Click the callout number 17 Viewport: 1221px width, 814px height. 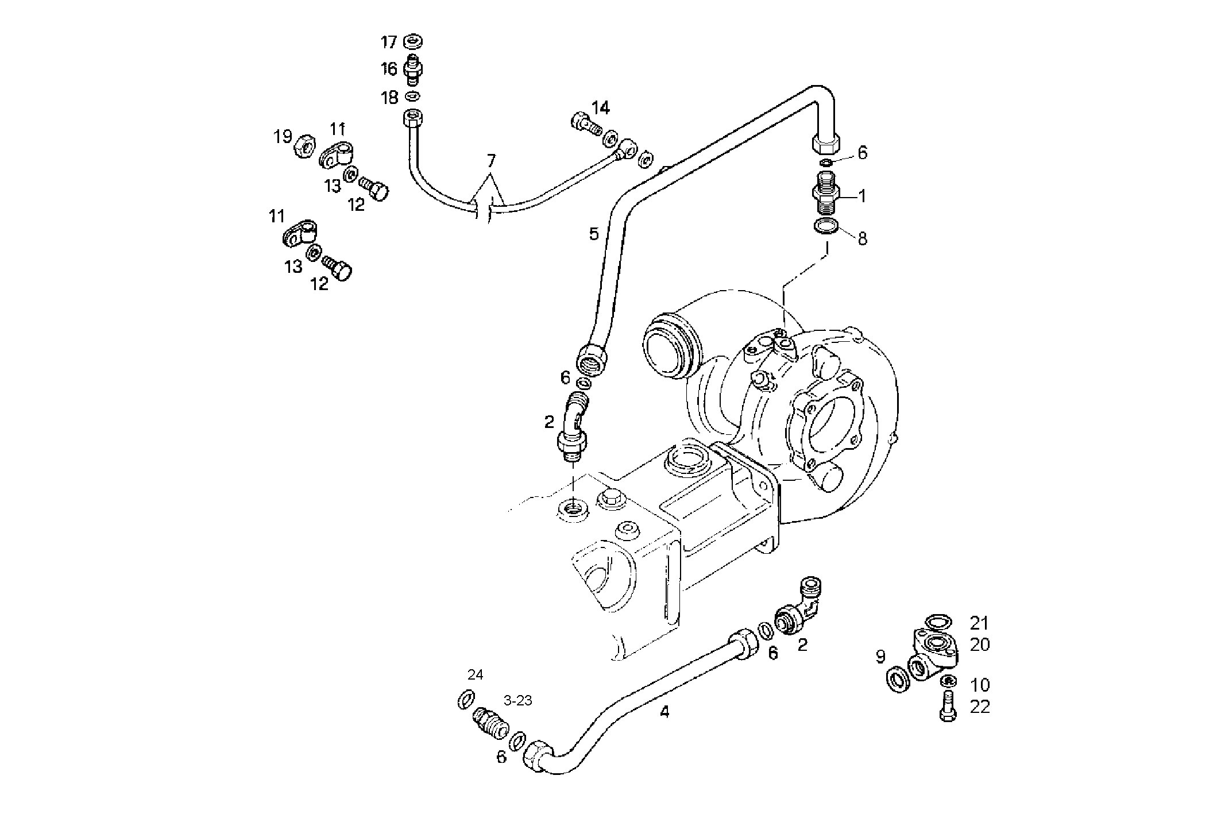pyautogui.click(x=389, y=42)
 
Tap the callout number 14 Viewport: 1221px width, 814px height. pyautogui.click(x=601, y=107)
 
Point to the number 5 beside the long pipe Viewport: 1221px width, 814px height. pyautogui.click(x=593, y=234)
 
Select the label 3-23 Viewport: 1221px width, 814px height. pyautogui.click(x=517, y=700)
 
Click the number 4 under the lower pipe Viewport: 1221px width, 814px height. pyautogui.click(x=664, y=712)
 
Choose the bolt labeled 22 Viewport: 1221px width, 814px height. pyautogui.click(x=948, y=707)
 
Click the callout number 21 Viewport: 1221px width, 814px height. pyautogui.click(x=980, y=622)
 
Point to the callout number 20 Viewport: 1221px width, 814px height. pyautogui.click(x=980, y=645)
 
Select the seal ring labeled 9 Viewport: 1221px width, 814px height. pyautogui.click(x=897, y=680)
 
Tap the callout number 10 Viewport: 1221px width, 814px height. pyautogui.click(x=980, y=685)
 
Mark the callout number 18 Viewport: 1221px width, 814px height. pyautogui.click(x=389, y=98)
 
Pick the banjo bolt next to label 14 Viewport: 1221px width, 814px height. pyautogui.click(x=584, y=123)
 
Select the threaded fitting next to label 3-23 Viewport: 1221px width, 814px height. pyautogui.click(x=490, y=724)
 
